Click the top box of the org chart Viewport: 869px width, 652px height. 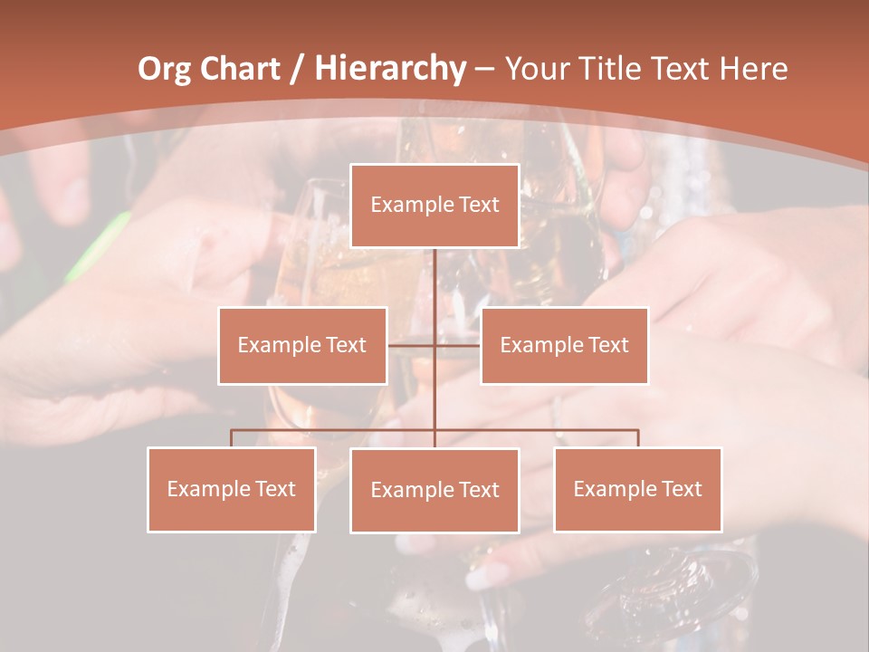[434, 206]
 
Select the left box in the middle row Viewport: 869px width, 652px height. [302, 345]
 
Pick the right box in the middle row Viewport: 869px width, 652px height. [564, 345]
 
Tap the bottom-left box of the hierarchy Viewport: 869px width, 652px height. [231, 489]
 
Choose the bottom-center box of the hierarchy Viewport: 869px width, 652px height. [434, 490]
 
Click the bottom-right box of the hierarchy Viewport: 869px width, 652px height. [637, 489]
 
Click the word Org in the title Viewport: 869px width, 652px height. [165, 68]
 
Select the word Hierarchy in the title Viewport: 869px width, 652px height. [389, 68]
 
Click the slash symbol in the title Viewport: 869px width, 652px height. [298, 69]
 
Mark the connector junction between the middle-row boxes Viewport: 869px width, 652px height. [434, 345]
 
